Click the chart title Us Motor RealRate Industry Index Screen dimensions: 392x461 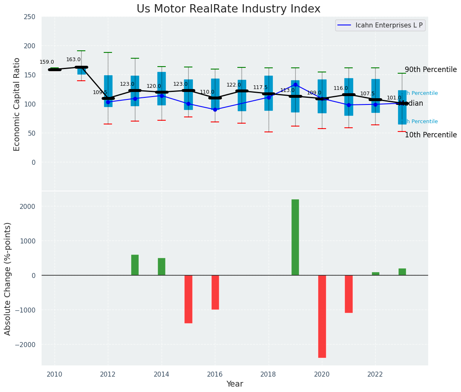pos(228,9)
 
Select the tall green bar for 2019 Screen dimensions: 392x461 pos(295,237)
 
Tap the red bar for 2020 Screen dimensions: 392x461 pos(322,316)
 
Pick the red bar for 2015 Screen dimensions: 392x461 pos(188,299)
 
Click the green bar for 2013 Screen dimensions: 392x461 pos(135,265)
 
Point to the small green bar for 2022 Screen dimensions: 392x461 pos(375,274)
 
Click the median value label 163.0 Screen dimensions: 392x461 pos(73,60)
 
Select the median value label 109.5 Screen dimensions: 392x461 pos(100,92)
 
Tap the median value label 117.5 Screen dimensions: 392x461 pos(260,87)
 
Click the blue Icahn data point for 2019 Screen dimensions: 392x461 pos(295,84)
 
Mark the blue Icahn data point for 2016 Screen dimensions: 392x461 pos(215,109)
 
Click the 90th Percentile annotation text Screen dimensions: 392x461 pos(431,70)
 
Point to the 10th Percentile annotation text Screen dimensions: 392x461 pos(431,135)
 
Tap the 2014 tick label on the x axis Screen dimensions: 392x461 pos(162,374)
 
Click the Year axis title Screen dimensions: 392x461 pos(234,384)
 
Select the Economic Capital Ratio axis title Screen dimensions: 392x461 pos(17,104)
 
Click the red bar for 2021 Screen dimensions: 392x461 pos(349,294)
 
